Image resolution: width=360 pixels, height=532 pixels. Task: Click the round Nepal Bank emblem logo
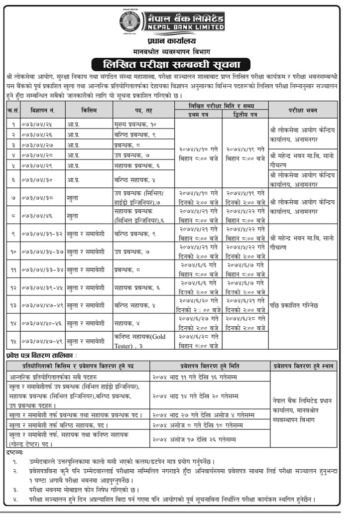tap(130, 22)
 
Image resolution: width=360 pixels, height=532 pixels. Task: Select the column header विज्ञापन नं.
tap(41, 109)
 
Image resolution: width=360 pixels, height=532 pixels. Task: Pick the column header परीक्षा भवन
tap(302, 109)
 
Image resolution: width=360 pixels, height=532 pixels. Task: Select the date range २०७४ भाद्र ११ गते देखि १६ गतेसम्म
tap(196, 377)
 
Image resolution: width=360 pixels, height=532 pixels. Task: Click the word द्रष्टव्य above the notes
tap(15, 451)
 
